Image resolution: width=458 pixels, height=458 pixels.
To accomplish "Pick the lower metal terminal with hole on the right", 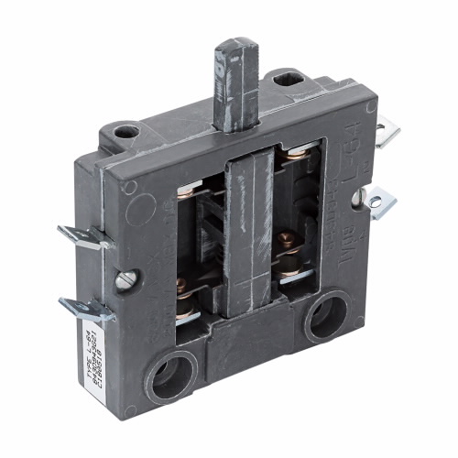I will click(378, 201).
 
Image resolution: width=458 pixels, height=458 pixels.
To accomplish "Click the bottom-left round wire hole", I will click(174, 374).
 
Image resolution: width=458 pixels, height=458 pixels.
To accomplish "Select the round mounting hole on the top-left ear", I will click(126, 131).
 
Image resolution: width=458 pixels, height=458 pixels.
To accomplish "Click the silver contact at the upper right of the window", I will click(295, 160).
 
